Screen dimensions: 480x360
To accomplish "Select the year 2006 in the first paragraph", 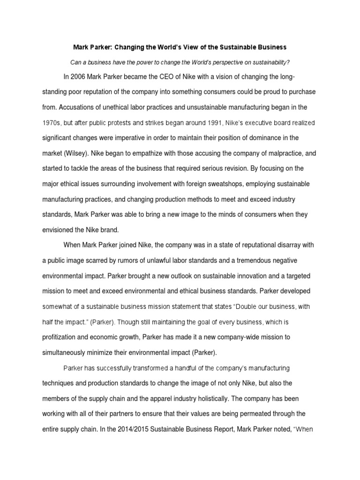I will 79,77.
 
